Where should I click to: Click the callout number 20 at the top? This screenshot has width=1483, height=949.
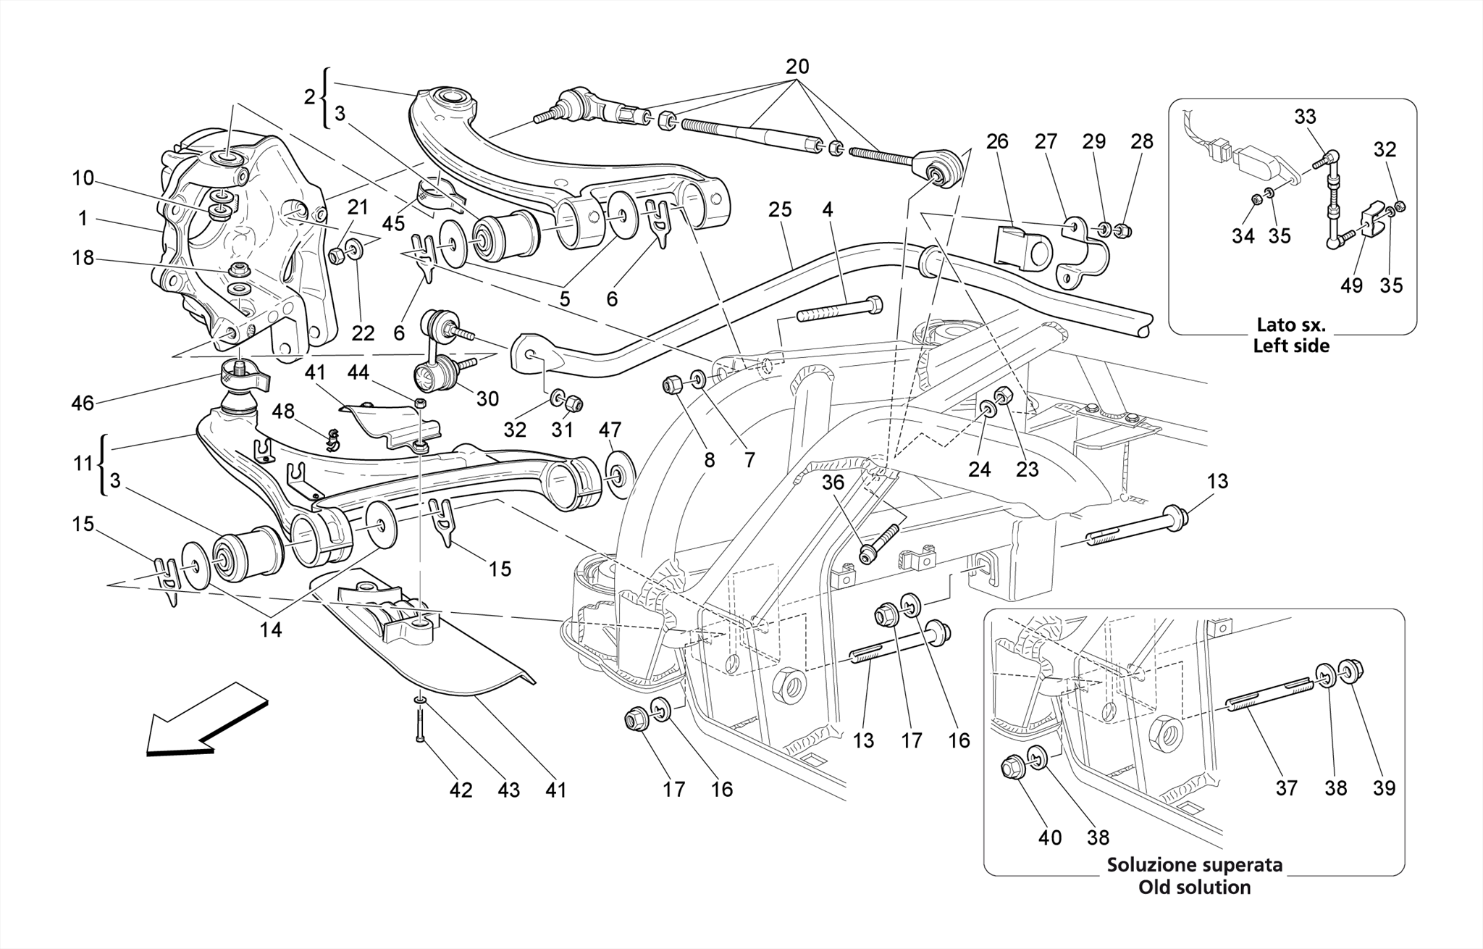coord(797,67)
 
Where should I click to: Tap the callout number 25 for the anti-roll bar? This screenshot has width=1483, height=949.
coord(780,210)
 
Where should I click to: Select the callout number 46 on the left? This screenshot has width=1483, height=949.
coord(83,403)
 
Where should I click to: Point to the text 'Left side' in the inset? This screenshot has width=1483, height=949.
coord(1291,346)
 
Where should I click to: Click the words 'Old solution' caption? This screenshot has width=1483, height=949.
coord(1194,887)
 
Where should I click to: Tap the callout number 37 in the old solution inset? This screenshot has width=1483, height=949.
coord(1286,788)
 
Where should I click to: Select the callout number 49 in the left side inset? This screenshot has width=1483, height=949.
coord(1351,285)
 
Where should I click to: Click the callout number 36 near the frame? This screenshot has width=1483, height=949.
coord(833,482)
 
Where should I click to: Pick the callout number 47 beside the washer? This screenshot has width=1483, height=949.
coord(610,430)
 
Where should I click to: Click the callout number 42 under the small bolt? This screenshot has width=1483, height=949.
coord(461,790)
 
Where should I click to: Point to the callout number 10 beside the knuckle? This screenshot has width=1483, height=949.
coord(83,177)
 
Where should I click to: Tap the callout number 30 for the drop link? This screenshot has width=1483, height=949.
coord(487,399)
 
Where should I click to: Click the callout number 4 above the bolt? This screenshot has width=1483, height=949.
coord(827,210)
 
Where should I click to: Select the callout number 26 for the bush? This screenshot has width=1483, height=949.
coord(997,141)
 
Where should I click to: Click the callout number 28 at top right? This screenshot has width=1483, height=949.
coord(1141,141)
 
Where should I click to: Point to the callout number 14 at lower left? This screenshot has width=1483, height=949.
coord(271,630)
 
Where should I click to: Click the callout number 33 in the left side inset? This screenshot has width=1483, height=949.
coord(1305,117)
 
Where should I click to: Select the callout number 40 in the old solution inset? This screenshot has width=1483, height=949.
coord(1049,838)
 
